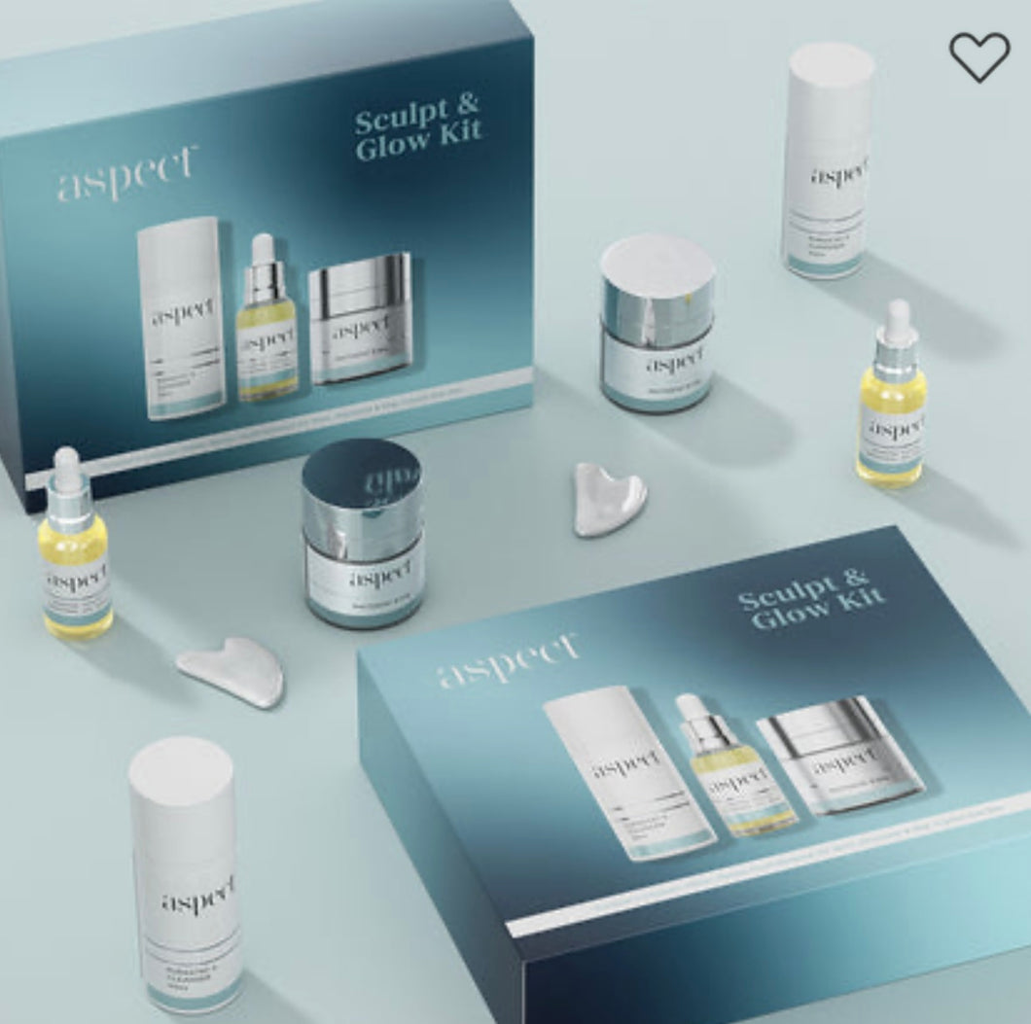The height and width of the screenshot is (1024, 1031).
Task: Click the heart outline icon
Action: pyautogui.click(x=979, y=56)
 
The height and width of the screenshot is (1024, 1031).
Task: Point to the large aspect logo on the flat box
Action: pyautogui.click(x=507, y=662)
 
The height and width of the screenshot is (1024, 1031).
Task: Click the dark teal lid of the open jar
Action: pyautogui.click(x=362, y=477)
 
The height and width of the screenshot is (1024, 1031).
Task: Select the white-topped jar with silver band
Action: pyautogui.click(x=658, y=322)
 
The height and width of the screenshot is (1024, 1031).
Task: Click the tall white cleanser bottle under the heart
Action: pyautogui.click(x=828, y=160)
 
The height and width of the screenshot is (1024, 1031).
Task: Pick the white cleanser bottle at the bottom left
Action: pyautogui.click(x=186, y=875)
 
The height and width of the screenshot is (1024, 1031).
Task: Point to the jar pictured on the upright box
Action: pyautogui.click(x=360, y=317)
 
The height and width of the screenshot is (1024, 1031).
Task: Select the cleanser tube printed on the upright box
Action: pyautogui.click(x=181, y=316)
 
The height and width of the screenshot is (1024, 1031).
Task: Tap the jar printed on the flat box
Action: pyautogui.click(x=838, y=754)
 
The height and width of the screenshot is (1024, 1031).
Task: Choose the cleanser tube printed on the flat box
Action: pyautogui.click(x=627, y=774)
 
